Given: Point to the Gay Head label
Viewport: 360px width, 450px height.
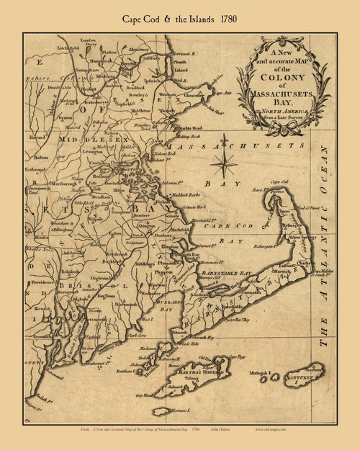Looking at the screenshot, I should click(145, 395).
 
